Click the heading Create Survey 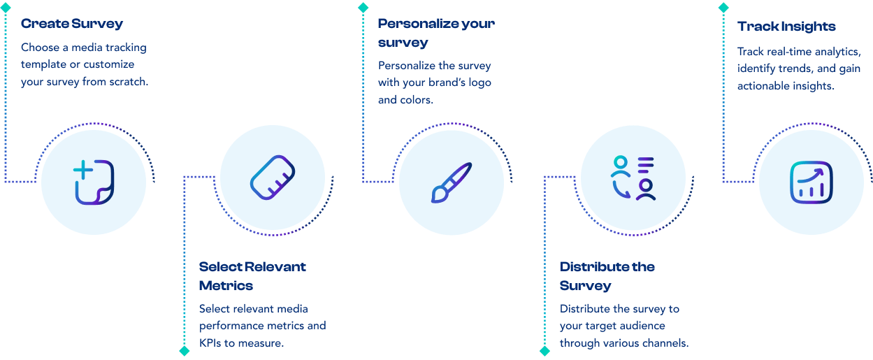click(x=71, y=24)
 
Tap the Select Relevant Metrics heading click(x=252, y=276)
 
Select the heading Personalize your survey click(x=435, y=33)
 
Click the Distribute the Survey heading click(x=607, y=276)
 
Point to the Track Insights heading click(x=786, y=27)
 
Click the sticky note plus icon click(x=94, y=182)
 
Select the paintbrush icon click(x=452, y=182)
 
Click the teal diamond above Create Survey click(x=6, y=7)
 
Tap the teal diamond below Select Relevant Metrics click(x=185, y=351)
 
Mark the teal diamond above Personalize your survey click(x=363, y=7)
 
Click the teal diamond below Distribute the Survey click(x=545, y=351)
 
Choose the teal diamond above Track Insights click(x=723, y=7)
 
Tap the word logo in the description click(x=477, y=82)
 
